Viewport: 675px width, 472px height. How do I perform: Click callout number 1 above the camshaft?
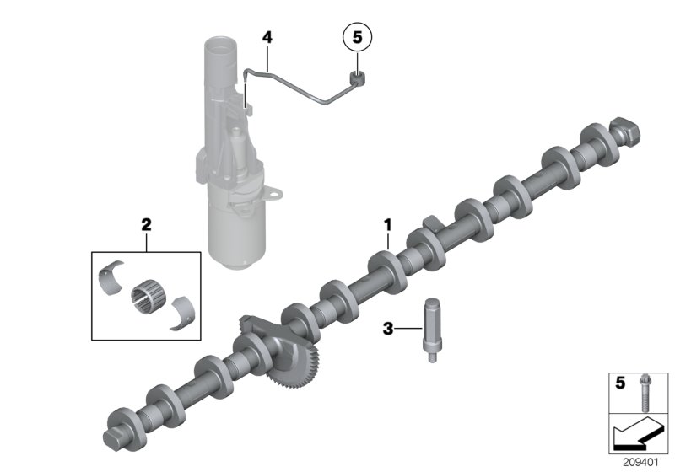(388, 225)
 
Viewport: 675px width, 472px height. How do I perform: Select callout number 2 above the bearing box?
(146, 225)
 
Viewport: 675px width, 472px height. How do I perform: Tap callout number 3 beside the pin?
(388, 329)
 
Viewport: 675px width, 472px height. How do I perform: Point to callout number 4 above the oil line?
(267, 37)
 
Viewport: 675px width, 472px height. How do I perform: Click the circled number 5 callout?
(356, 37)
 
